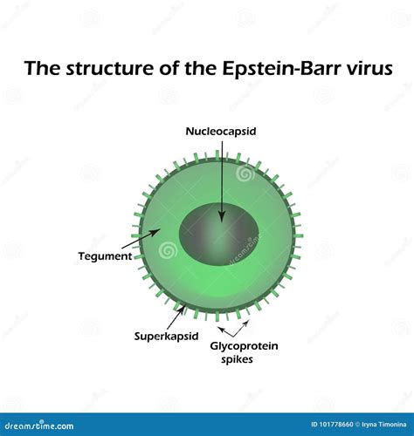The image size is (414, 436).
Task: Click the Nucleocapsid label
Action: pyautogui.click(x=220, y=132)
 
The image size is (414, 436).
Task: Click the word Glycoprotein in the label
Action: pyautogui.click(x=245, y=345)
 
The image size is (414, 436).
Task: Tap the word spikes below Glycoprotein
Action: pyautogui.click(x=237, y=358)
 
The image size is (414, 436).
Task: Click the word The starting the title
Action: pyautogui.click(x=41, y=68)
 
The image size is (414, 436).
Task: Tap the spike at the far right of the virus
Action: pyautogui.click(x=299, y=235)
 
